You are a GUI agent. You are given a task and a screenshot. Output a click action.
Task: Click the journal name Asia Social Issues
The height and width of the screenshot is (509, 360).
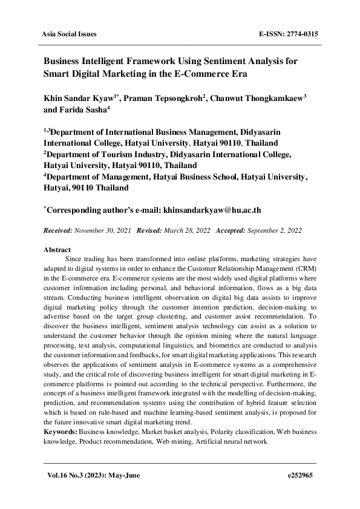point(68,34)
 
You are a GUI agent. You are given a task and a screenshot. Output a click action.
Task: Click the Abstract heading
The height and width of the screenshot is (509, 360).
point(57,250)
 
